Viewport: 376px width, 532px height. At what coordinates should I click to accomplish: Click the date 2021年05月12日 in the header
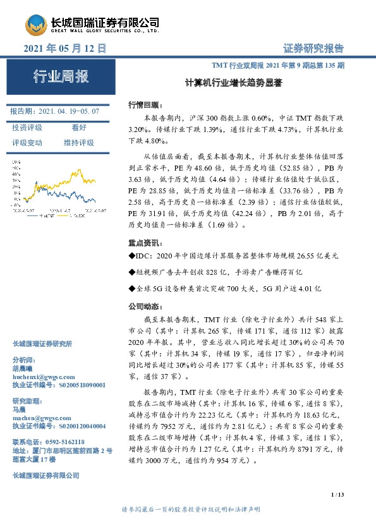point(64,49)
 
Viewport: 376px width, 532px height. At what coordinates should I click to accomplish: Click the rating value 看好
point(78,127)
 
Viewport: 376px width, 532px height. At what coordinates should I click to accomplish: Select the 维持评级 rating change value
point(78,142)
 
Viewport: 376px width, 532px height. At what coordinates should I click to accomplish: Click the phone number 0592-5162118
point(60,442)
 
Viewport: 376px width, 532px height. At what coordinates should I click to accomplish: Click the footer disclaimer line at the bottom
point(188,509)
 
